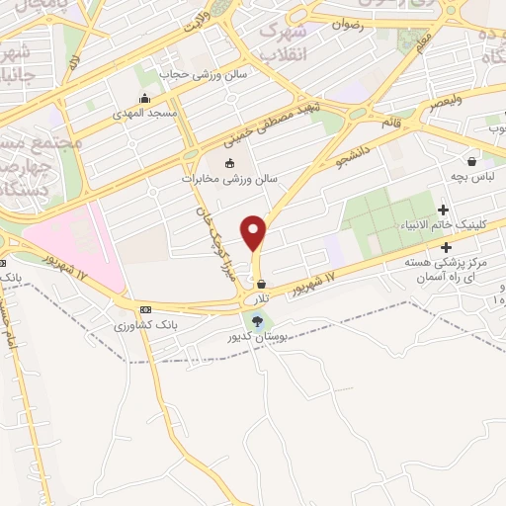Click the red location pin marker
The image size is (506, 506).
coord(254,232)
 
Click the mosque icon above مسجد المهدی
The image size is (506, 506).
coord(146,98)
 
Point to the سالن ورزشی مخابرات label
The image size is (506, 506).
coord(230,180)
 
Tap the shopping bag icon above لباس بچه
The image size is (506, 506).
coord(471,161)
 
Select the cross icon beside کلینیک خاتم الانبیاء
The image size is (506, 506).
coord(443,210)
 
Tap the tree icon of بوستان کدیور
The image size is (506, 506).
coord(259,320)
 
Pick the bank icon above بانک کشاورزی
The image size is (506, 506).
coord(145,308)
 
